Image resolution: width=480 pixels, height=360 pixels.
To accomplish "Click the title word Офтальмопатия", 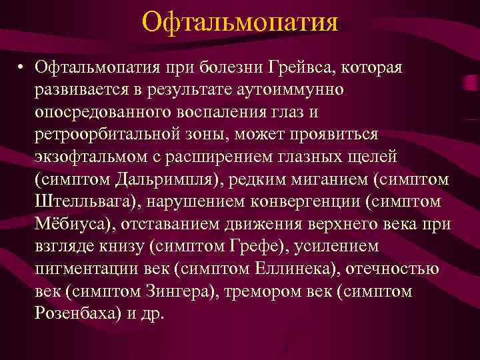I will pyautogui.click(x=240, y=23).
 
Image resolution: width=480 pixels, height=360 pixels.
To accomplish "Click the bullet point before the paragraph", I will pyautogui.click(x=22, y=67).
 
